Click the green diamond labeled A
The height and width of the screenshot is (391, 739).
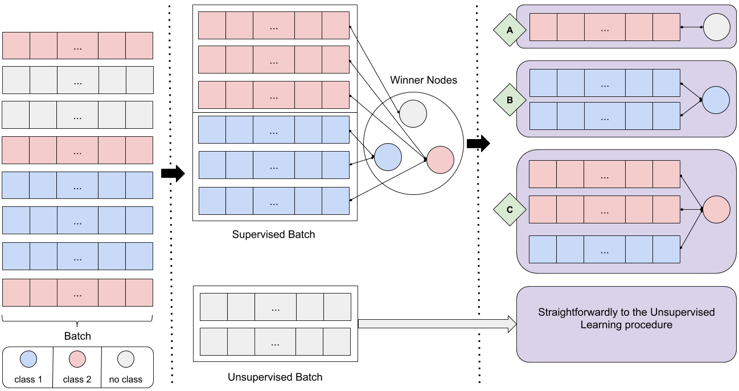point(510,30)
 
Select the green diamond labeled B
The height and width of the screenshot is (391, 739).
point(510,100)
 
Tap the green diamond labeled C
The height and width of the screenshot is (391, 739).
point(510,210)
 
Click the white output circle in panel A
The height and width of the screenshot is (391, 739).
point(716,27)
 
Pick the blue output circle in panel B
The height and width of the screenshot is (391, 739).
point(716,100)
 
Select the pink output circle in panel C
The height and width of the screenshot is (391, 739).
point(716,210)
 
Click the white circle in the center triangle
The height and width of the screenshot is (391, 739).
point(413,113)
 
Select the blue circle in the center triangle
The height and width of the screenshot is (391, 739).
point(388,157)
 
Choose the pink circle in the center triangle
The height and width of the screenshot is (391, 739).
point(440,160)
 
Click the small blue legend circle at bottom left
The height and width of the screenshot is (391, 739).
point(28,359)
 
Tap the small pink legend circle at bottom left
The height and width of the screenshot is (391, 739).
point(77,359)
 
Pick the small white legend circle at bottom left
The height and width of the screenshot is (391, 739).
point(126,359)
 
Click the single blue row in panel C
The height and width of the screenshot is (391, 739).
point(605,249)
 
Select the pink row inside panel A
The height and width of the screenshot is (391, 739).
point(605,27)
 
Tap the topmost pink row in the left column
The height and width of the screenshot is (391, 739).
point(77,46)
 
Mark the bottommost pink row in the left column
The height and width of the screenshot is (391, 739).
point(77,292)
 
